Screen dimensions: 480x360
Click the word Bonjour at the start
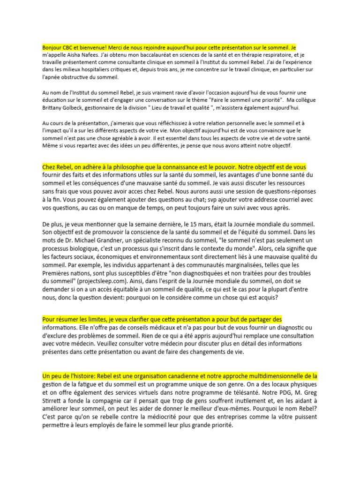pyautogui.click(x=52, y=47)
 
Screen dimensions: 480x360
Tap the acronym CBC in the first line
pyautogui.click(x=70, y=47)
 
